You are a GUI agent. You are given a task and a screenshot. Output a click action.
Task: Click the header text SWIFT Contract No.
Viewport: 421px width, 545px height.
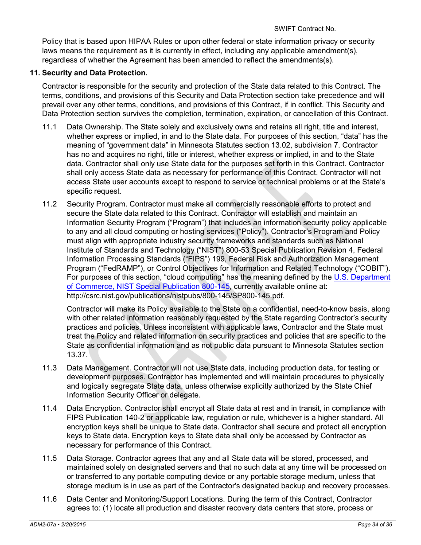tap(304, 29)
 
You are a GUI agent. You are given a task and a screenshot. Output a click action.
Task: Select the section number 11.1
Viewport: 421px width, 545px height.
tap(49, 127)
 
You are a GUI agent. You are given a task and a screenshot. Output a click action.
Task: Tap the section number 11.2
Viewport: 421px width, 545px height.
tap(49, 204)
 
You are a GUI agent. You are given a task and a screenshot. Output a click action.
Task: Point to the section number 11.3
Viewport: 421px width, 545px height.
tap(49, 368)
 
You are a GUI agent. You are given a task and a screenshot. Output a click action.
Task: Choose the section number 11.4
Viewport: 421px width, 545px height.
tap(49, 408)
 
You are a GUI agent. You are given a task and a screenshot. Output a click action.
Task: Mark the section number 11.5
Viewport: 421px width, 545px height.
tap(49, 458)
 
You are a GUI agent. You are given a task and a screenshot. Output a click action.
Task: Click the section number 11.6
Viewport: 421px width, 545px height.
tap(49, 499)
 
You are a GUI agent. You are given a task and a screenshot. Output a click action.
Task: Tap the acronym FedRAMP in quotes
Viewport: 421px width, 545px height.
tap(97, 268)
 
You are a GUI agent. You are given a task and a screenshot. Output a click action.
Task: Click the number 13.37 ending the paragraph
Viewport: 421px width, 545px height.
tap(77, 354)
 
